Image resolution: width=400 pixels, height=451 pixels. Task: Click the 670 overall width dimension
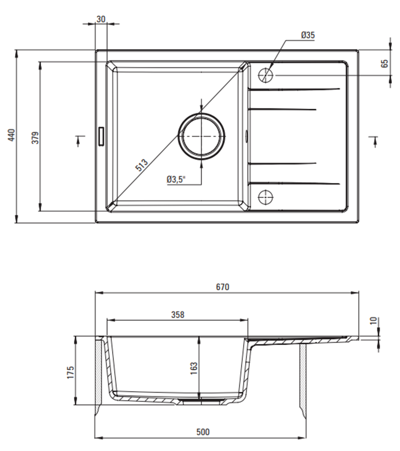(222, 287)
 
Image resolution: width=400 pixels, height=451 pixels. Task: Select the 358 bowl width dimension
(177, 314)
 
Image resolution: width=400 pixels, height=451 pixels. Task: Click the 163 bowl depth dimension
(193, 366)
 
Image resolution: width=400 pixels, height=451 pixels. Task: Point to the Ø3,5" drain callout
(176, 180)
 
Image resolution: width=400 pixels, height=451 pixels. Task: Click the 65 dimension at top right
(384, 64)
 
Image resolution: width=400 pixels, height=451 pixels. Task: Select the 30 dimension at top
(101, 19)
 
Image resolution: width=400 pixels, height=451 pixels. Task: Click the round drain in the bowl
(201, 136)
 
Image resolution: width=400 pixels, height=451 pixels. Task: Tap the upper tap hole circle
(265, 74)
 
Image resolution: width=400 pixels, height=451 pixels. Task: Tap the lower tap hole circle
(265, 197)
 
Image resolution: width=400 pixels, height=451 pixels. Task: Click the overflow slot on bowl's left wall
(100, 136)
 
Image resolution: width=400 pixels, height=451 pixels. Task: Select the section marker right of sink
(374, 140)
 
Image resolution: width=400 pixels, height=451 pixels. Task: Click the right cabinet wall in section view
(304, 377)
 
